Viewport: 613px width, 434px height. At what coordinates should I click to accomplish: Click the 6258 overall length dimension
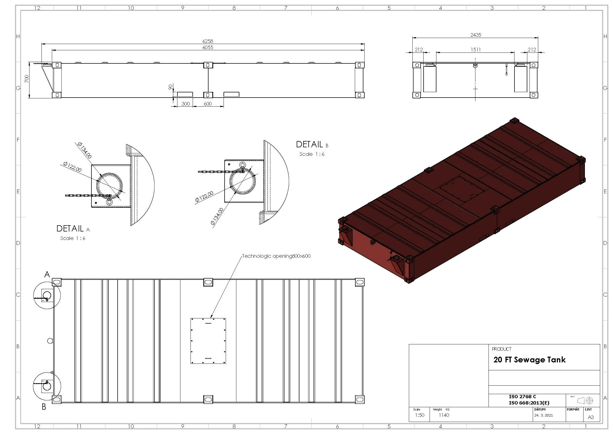(x=208, y=41)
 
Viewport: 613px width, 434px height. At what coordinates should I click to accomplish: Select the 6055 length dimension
(x=208, y=48)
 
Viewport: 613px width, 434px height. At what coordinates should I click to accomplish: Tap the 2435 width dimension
(x=476, y=35)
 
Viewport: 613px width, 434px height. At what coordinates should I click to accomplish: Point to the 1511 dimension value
(x=476, y=50)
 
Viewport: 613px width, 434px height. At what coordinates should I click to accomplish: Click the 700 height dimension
(x=26, y=79)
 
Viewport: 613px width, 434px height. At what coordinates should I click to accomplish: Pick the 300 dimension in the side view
(x=186, y=104)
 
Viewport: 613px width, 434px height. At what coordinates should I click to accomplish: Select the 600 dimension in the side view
(x=208, y=104)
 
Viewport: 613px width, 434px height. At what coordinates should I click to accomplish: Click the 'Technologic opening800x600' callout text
(x=276, y=256)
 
